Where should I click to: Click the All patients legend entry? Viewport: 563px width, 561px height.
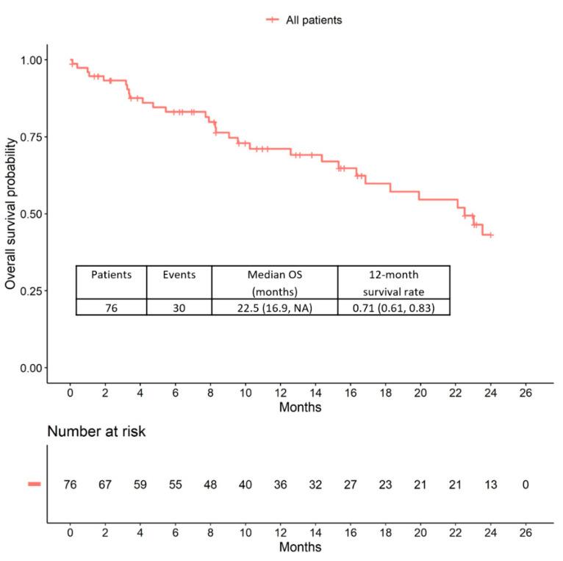click(x=304, y=21)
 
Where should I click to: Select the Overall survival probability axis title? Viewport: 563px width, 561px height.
click(x=11, y=212)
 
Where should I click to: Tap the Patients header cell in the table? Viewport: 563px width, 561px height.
click(x=111, y=275)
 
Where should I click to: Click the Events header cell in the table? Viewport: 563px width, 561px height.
click(x=179, y=275)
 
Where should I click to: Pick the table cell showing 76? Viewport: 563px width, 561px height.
click(x=111, y=307)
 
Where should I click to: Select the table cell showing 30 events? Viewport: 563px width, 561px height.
click(x=179, y=307)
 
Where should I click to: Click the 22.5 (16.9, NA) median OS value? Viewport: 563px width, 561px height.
click(x=274, y=307)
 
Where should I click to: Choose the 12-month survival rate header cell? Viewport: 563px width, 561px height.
click(x=393, y=282)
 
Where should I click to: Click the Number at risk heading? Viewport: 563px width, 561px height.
click(x=96, y=432)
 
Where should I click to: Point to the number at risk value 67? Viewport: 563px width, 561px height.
click(x=105, y=485)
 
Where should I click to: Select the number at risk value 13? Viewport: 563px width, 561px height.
click(x=490, y=485)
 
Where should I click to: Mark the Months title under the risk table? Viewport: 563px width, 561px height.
click(x=299, y=547)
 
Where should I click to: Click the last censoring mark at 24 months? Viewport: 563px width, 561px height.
click(x=491, y=235)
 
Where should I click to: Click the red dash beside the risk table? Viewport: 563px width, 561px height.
click(x=34, y=484)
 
